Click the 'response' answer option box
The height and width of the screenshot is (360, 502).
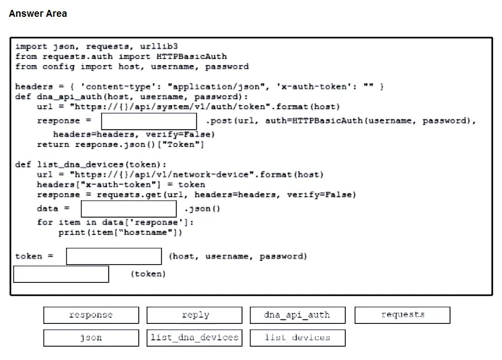click(91, 315)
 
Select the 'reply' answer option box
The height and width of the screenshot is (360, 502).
click(195, 315)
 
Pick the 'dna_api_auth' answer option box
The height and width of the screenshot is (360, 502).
click(298, 315)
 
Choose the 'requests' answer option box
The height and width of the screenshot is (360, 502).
click(402, 315)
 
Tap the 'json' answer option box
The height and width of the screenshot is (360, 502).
click(91, 338)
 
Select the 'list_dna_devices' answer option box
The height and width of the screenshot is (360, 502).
click(195, 338)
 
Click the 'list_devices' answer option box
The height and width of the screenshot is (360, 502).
click(298, 338)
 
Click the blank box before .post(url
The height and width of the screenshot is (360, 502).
click(149, 121)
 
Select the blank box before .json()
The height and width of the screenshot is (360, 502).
click(128, 209)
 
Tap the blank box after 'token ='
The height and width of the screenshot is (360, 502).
click(114, 256)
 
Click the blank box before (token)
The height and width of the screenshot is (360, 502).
click(61, 274)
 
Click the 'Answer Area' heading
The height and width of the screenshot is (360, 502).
click(38, 13)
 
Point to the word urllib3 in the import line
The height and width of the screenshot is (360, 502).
click(159, 46)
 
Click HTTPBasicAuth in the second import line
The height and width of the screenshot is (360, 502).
click(191, 57)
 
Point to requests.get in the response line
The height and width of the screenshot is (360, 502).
click(129, 195)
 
